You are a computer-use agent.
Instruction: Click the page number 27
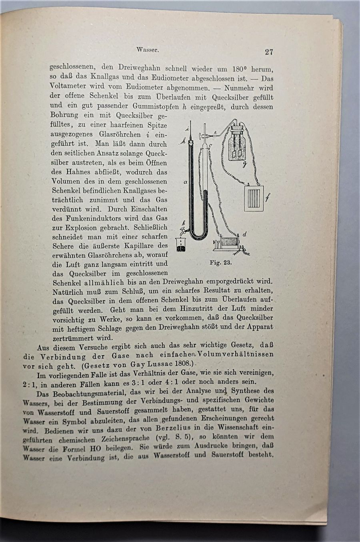point(268,52)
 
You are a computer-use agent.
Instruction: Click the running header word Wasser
point(148,50)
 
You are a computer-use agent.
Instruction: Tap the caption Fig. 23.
point(220,263)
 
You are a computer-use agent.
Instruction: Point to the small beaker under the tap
point(181,245)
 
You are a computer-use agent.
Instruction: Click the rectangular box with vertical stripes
point(254,198)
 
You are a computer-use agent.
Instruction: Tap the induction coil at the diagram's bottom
point(229,243)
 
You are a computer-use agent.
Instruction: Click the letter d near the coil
point(244,234)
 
